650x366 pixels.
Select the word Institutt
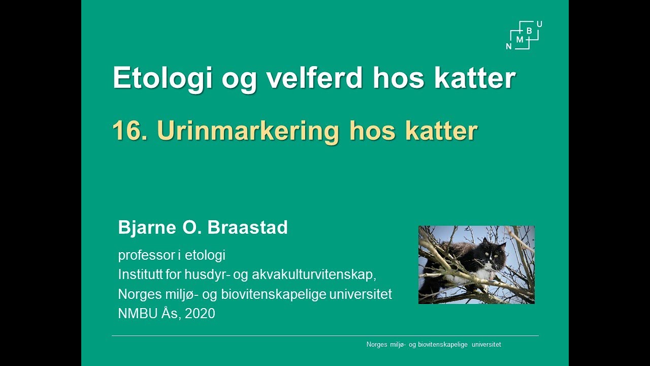(x=139, y=274)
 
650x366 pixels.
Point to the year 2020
(x=200, y=314)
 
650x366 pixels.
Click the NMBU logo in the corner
(x=524, y=35)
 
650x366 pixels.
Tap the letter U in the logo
(x=539, y=24)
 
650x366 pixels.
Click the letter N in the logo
(x=509, y=46)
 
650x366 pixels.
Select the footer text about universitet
(x=434, y=345)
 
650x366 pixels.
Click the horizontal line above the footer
(x=325, y=335)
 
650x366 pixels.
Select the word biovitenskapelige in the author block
(x=280, y=294)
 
